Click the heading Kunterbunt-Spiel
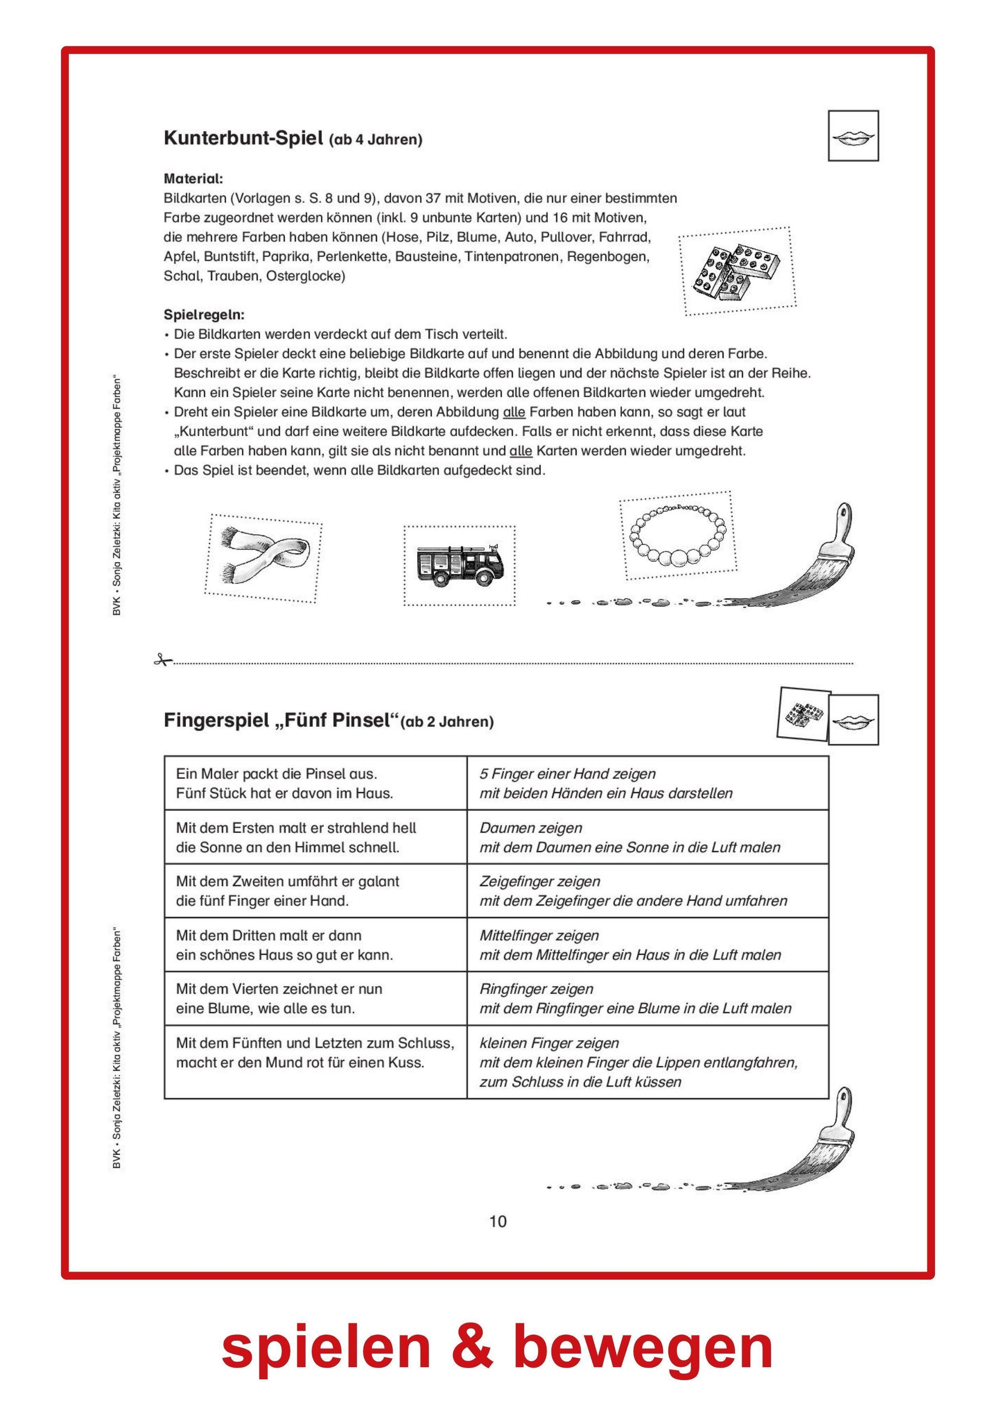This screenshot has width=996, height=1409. (x=243, y=138)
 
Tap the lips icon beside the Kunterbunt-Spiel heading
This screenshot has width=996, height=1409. (x=853, y=136)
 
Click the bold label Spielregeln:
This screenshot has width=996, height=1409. (x=204, y=315)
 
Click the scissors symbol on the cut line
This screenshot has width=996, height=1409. (x=162, y=660)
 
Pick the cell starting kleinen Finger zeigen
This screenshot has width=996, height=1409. (x=647, y=1062)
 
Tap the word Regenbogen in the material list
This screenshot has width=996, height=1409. (x=608, y=256)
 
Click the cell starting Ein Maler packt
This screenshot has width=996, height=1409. (x=315, y=783)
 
